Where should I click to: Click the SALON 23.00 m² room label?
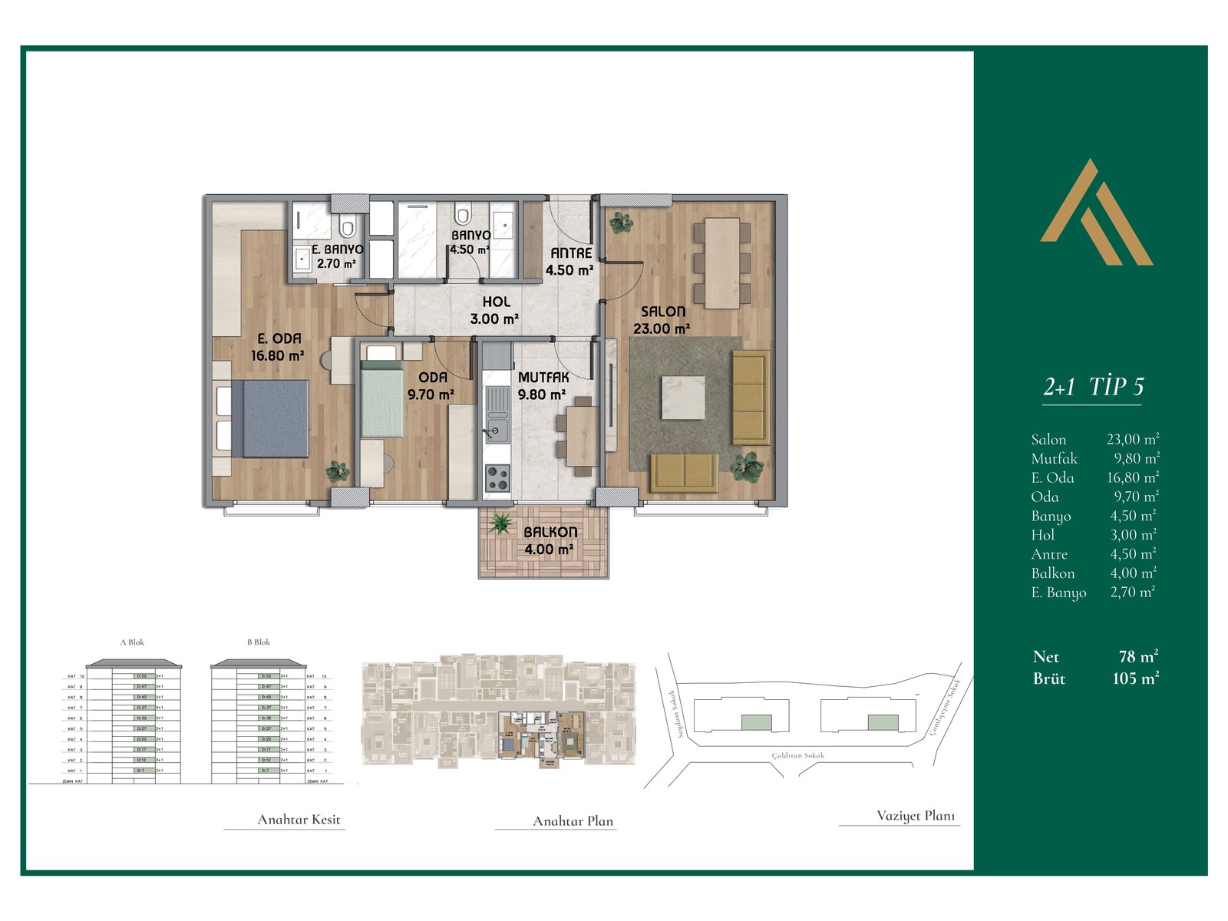point(662,320)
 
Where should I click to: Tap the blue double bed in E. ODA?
point(275,418)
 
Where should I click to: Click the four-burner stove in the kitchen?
point(497,478)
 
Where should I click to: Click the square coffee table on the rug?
point(682,397)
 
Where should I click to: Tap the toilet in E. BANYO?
point(347,228)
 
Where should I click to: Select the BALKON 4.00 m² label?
point(550,540)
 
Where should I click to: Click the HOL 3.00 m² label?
point(495,310)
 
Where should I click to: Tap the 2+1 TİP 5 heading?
point(1093,387)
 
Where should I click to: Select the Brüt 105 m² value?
point(1135,678)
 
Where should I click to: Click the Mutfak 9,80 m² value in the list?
point(1136,459)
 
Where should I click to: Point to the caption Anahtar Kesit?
point(299,820)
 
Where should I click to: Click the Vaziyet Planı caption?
point(916,816)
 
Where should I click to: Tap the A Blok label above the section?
point(132,642)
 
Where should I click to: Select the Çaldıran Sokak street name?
point(798,755)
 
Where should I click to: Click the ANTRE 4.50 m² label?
point(569,261)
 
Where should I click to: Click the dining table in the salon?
point(721,263)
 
